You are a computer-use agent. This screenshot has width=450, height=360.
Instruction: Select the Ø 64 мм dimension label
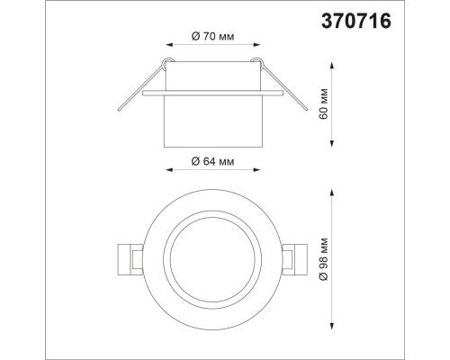214,161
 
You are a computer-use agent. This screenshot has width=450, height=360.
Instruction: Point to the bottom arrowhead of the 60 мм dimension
335,144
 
